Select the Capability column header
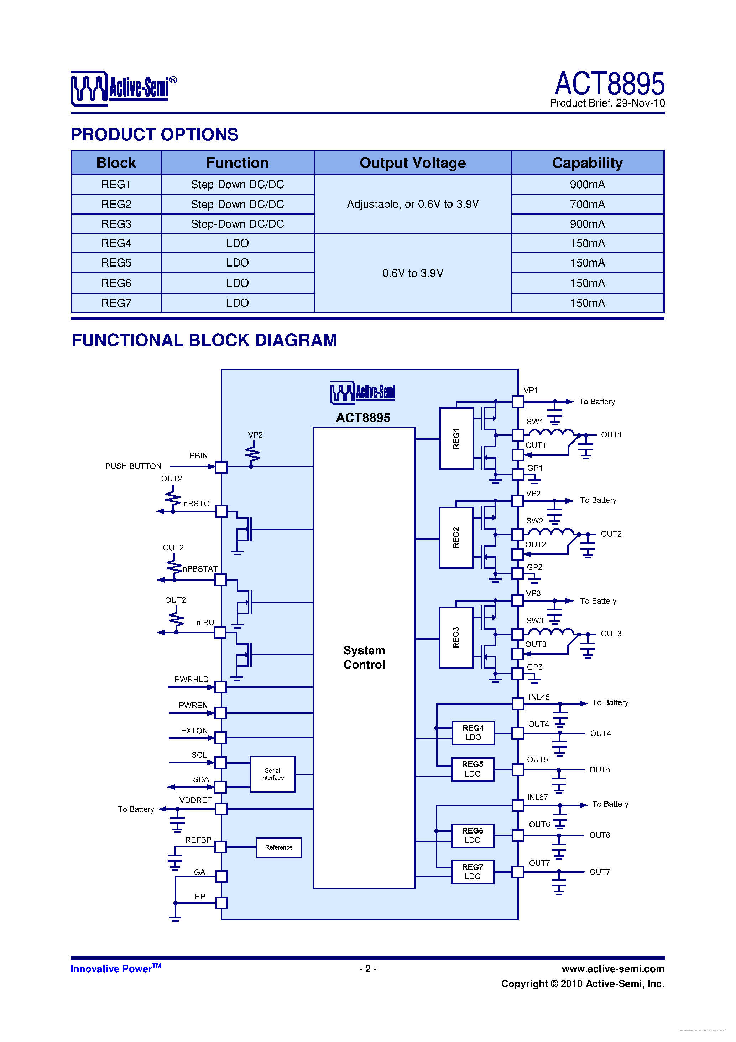(x=587, y=163)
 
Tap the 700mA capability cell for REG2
(x=587, y=204)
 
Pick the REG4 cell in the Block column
(x=116, y=243)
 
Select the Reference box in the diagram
(x=278, y=847)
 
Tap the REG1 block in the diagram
(x=456, y=438)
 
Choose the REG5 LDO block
(x=473, y=769)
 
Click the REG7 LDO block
(x=473, y=871)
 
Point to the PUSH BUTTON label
(x=133, y=466)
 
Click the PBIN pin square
(x=221, y=466)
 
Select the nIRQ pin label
(x=205, y=623)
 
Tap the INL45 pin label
(x=539, y=697)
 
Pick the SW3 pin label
(x=534, y=620)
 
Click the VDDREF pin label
(x=195, y=800)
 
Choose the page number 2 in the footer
(x=368, y=969)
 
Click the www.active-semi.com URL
(x=613, y=969)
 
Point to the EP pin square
(x=221, y=903)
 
